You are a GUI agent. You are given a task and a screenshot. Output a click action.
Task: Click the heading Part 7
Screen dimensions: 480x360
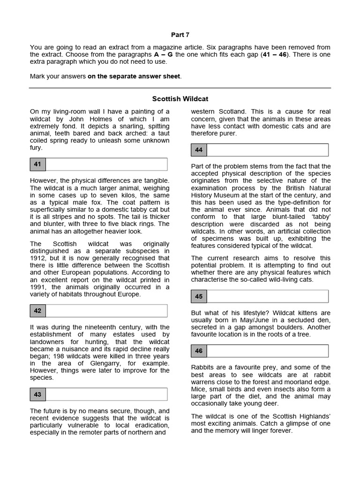click(180, 35)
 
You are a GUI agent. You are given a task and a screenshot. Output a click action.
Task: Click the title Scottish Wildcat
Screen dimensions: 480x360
click(180, 99)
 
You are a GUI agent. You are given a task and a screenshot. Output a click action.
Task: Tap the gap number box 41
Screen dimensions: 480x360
click(38, 165)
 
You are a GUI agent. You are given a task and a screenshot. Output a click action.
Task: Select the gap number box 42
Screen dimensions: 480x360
click(38, 311)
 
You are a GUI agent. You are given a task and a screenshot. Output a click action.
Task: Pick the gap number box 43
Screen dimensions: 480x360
click(38, 394)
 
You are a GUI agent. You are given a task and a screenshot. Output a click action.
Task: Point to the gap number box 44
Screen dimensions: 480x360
click(199, 150)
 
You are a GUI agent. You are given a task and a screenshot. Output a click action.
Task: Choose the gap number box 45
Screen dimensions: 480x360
click(199, 296)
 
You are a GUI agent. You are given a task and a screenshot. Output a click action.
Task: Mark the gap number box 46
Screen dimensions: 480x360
click(199, 351)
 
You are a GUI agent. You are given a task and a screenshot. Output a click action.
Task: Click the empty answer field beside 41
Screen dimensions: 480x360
click(106, 165)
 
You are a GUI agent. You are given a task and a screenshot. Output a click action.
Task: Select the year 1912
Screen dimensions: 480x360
click(39, 258)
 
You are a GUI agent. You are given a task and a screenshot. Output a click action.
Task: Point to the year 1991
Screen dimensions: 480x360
click(39, 287)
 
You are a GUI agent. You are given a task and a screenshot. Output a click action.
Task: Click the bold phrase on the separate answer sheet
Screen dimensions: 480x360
click(134, 76)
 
